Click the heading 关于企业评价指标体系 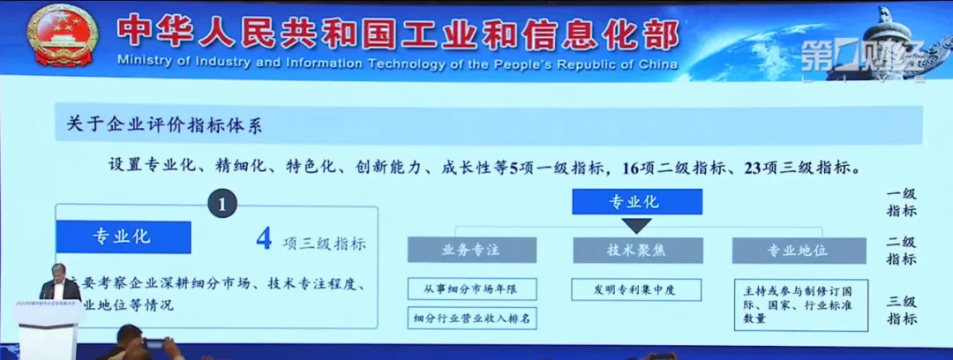click(164, 125)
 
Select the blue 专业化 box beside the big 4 click(122, 236)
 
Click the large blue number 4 click(263, 239)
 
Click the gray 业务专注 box click(465, 250)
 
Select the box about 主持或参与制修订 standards click(799, 304)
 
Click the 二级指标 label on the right click(902, 250)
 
